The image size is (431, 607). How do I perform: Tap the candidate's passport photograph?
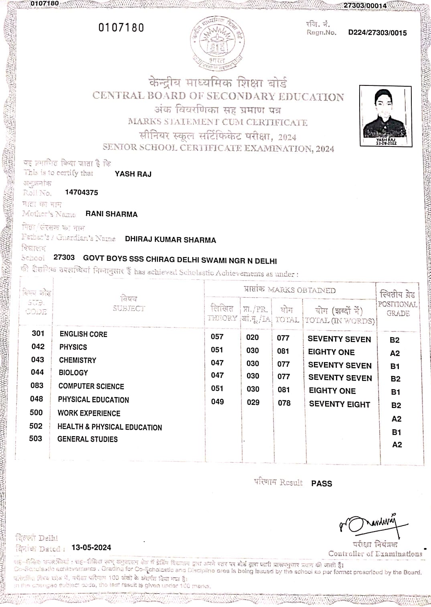pos(385,115)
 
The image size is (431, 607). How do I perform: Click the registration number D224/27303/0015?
pos(377,33)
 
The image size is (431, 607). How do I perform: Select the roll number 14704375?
pos(81,192)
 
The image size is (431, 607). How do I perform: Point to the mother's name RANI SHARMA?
pos(111,214)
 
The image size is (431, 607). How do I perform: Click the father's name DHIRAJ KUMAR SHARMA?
pos(170,240)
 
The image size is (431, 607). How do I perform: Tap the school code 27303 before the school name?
pos(64,257)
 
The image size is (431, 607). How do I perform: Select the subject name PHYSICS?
pos(73,347)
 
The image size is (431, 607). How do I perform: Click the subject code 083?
pos(37,386)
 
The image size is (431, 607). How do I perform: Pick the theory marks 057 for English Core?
pos(217,337)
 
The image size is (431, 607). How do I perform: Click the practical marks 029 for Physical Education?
pos(253,402)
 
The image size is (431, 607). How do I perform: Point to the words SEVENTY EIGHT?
pos(339,404)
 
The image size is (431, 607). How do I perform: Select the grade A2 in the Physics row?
pos(395,353)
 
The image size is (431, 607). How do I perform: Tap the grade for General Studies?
pos(397,445)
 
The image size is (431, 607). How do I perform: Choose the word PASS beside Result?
pos(322,483)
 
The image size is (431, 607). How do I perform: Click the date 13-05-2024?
pos(91,548)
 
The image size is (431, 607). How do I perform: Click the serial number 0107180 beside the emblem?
pos(121,28)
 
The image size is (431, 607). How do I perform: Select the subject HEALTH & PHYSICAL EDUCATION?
pos(109,427)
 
